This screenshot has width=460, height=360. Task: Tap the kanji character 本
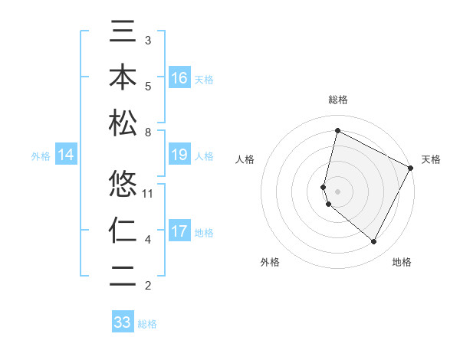pos(123,78)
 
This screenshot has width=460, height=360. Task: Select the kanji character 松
pos(123,123)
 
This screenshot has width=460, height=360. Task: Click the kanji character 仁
pos(123,230)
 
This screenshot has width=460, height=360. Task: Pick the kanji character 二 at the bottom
pos(123,275)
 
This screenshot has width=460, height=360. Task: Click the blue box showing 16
pos(179,78)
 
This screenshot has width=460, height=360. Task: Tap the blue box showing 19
pos(179,155)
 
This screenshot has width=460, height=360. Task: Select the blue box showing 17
pos(179,231)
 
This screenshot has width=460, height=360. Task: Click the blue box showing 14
pos(66,155)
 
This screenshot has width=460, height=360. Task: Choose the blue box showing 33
pos(123,322)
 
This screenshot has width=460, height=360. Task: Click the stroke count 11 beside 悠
pos(149,193)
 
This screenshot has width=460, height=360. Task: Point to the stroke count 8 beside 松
pos(148,133)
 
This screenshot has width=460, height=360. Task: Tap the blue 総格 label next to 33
pos(147,324)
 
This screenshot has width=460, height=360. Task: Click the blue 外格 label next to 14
pos(41,156)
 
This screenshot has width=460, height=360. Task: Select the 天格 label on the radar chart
pos(431,159)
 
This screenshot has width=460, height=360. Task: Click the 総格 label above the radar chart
pos(338,100)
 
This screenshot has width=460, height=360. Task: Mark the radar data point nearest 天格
pos(411,168)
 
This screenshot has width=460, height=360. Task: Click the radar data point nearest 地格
pos(373,242)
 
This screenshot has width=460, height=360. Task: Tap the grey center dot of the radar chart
pos(338,191)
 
